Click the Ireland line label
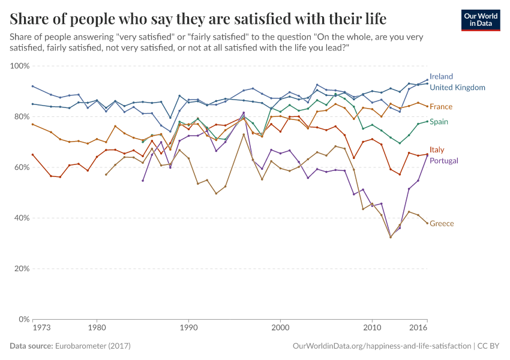[441, 77]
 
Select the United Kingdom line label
[457, 88]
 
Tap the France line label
[441, 107]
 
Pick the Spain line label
[439, 122]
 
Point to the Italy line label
[437, 150]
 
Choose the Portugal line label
[444, 161]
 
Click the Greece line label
[442, 224]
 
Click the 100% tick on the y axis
[21, 65]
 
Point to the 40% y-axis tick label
[22, 218]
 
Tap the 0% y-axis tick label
[25, 319]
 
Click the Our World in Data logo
[481, 20]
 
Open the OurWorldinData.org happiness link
[381, 346]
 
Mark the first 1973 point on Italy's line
[32, 154]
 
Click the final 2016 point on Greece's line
[427, 223]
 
